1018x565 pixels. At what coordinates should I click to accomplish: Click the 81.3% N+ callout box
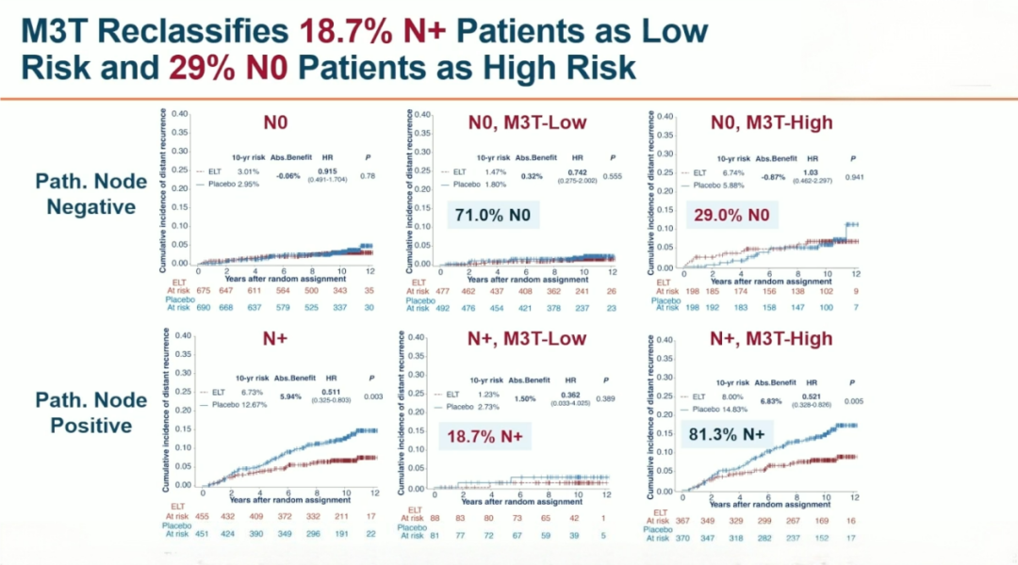[728, 436]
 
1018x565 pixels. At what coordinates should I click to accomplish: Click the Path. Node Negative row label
[91, 193]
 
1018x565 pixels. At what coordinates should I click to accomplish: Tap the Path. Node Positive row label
[91, 412]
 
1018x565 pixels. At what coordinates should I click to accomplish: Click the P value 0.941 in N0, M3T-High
[856, 174]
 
